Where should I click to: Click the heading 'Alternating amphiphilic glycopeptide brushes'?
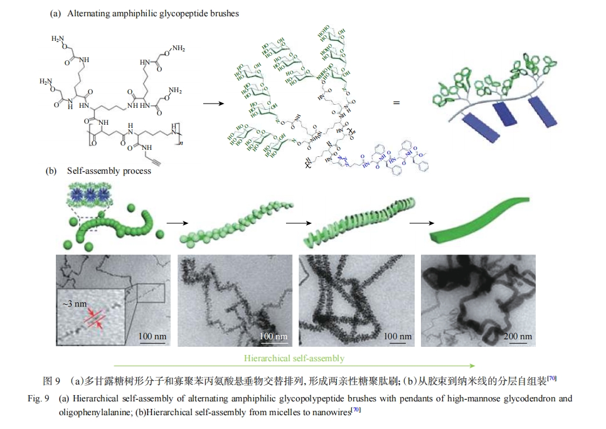click(153, 13)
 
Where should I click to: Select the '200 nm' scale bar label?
click(517, 337)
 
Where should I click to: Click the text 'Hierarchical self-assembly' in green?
click(294, 358)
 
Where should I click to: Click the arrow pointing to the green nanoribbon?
click(418, 223)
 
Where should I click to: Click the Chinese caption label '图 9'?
click(51, 381)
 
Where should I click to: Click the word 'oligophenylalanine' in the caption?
click(93, 411)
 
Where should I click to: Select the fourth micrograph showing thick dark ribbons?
click(477, 300)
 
